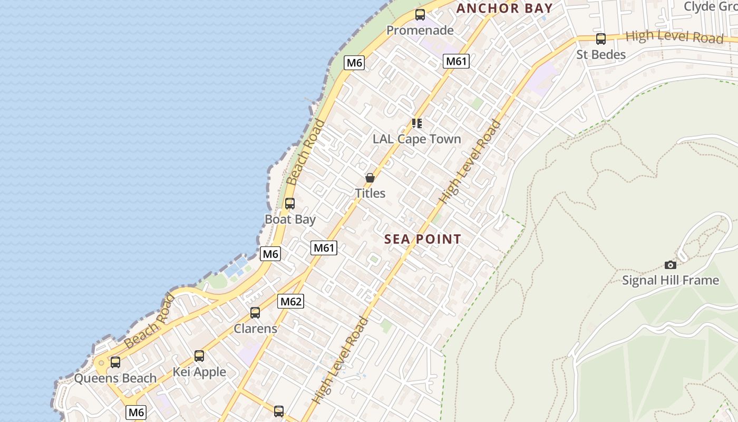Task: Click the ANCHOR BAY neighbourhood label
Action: tap(504, 8)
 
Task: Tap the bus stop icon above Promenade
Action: tap(420, 15)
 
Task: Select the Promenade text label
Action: tap(420, 31)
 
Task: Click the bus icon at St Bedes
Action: tap(600, 39)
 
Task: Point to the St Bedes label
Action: tap(601, 55)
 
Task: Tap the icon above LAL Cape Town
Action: tap(417, 123)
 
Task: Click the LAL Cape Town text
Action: tap(417, 139)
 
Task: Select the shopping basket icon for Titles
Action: tap(370, 178)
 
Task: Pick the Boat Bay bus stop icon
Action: tap(290, 204)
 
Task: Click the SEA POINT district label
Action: tap(423, 239)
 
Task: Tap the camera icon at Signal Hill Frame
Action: tap(671, 265)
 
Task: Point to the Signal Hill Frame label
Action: tap(671, 281)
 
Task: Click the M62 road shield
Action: tap(291, 302)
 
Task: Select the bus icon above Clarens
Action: tap(255, 313)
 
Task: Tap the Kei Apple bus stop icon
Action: tap(199, 356)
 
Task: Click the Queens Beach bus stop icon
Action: tap(115, 362)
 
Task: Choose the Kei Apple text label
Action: tap(199, 372)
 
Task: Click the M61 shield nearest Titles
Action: tap(324, 248)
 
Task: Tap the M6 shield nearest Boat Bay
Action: tap(270, 254)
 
